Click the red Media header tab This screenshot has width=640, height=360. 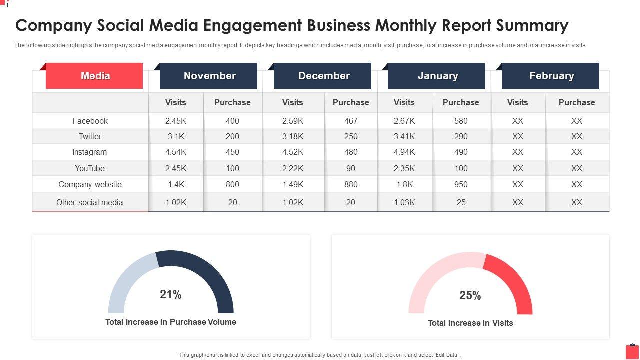[x=95, y=76]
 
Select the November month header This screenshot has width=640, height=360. [x=209, y=76]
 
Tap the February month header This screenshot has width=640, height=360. [x=551, y=76]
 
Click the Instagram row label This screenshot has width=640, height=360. [x=90, y=152]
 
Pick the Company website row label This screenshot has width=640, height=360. [x=90, y=185]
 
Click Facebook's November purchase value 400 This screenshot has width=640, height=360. [x=232, y=121]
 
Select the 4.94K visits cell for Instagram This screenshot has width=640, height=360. [x=404, y=152]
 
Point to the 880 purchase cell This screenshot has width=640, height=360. [x=351, y=185]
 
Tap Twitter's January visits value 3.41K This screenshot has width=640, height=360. [x=404, y=136]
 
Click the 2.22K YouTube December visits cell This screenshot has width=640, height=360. [x=293, y=168]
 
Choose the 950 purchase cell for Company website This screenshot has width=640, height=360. [x=461, y=185]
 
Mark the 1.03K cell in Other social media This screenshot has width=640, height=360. [x=404, y=202]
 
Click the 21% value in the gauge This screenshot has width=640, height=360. [x=171, y=295]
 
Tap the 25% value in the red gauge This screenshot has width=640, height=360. [x=470, y=296]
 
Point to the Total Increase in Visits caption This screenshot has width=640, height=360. [x=470, y=323]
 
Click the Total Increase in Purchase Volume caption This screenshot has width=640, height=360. [x=171, y=322]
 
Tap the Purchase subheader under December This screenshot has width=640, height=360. [x=351, y=102]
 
